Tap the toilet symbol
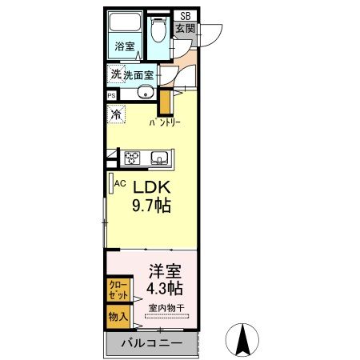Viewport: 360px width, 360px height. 158,30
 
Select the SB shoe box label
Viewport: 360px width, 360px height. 185,15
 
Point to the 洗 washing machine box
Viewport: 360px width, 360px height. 116,74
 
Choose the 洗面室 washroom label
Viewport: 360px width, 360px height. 142,75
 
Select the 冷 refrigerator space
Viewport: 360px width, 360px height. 116,114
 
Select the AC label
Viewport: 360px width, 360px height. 121,183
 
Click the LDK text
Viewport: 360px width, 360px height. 152,186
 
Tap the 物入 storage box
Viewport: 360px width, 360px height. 117,317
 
